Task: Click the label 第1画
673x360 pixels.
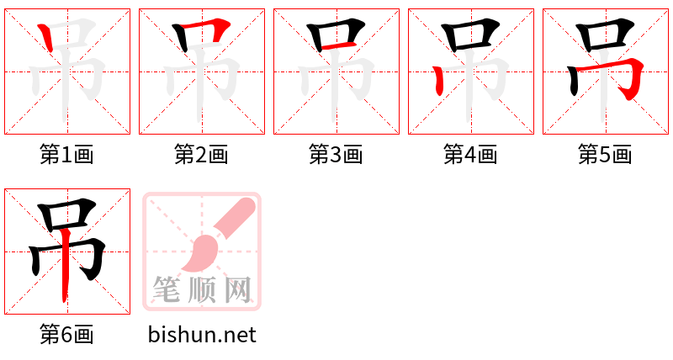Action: (66, 154)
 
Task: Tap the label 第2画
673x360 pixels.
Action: (201, 154)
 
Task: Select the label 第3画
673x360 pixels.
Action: (336, 154)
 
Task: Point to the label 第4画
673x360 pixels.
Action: (470, 154)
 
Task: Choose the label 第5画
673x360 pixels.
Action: (605, 154)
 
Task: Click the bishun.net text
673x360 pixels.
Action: (202, 335)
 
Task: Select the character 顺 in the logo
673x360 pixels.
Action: (202, 289)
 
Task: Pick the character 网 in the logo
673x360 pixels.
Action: (238, 289)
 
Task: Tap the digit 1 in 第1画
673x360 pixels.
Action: (66, 154)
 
